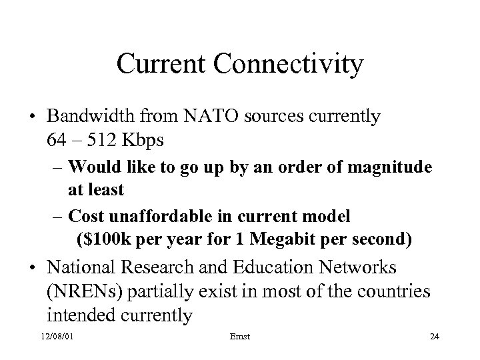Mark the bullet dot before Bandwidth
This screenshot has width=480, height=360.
33,117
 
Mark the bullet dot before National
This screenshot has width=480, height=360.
33,269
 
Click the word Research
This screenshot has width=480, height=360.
165,268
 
